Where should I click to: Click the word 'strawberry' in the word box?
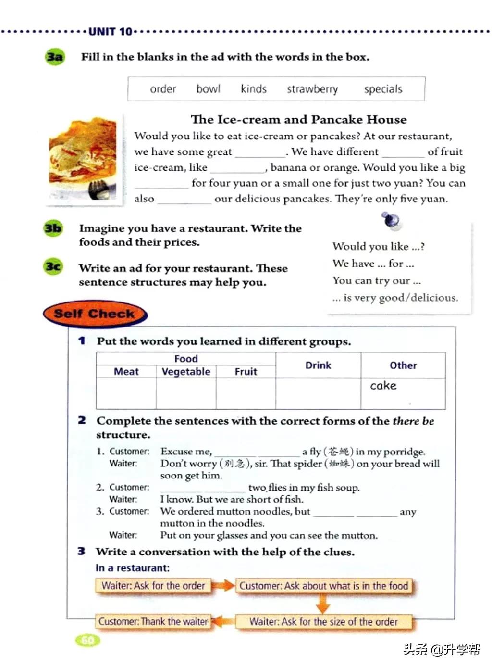(x=312, y=89)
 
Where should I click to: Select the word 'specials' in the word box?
(x=383, y=89)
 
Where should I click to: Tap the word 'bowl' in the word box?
(x=208, y=89)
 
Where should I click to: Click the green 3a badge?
(x=55, y=57)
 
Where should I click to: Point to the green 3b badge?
(x=53, y=228)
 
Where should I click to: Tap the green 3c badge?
(x=53, y=266)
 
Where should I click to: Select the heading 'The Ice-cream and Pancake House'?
(x=298, y=119)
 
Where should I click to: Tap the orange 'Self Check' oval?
(x=94, y=314)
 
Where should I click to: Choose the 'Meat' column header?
(x=126, y=372)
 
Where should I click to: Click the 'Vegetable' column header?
(x=186, y=372)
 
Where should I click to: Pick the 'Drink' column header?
(x=318, y=365)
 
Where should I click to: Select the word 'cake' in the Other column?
(x=383, y=386)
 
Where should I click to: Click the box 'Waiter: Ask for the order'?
(x=153, y=586)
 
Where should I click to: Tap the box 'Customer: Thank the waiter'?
(x=153, y=621)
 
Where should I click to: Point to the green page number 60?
(x=88, y=640)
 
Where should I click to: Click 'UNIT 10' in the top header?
(x=110, y=32)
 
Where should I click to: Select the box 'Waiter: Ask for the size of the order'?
(x=323, y=622)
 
